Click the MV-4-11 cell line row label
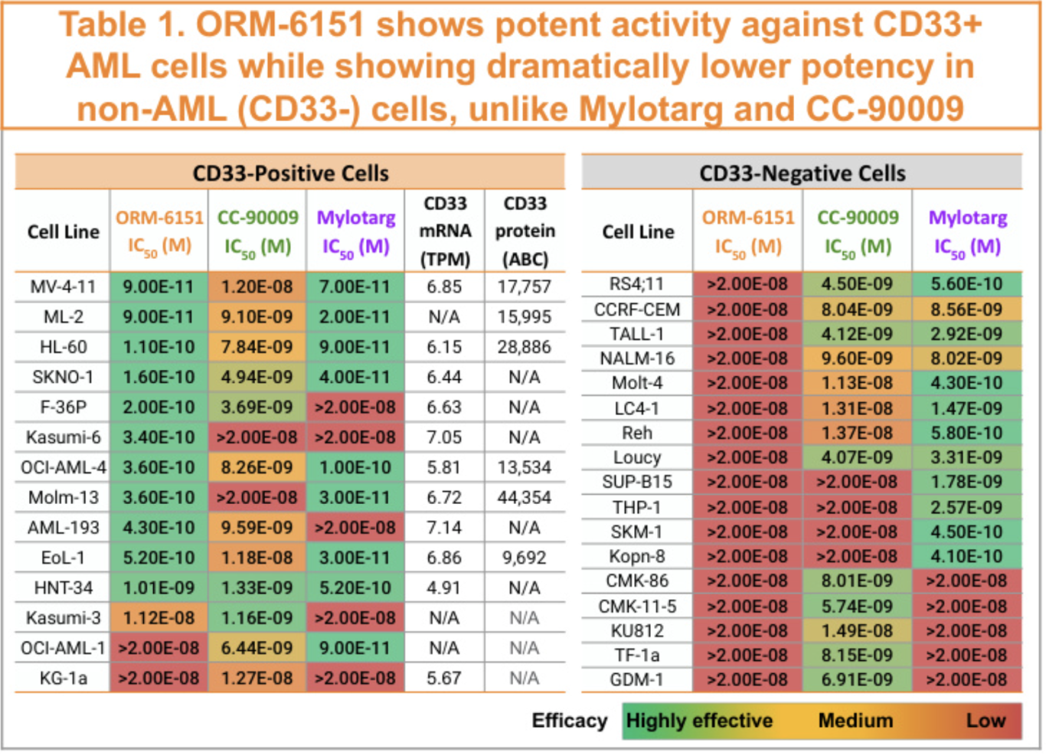(x=63, y=286)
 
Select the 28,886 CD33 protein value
(x=525, y=347)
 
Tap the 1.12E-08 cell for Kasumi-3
(x=159, y=618)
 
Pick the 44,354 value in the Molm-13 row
(x=525, y=497)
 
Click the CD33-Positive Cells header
(x=290, y=173)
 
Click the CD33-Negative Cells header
(x=802, y=173)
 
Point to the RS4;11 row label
(x=637, y=284)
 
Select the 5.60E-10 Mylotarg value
(x=966, y=284)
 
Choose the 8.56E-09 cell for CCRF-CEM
(x=966, y=309)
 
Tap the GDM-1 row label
(x=637, y=679)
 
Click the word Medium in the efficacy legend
(x=855, y=721)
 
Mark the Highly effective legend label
(x=699, y=721)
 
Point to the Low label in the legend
(x=986, y=721)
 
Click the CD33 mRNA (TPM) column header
(x=445, y=231)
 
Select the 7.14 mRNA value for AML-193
(x=444, y=528)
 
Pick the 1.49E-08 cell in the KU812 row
(x=857, y=631)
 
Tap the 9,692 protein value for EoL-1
(x=525, y=558)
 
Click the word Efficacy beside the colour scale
(x=570, y=721)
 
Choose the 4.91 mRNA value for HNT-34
(x=444, y=587)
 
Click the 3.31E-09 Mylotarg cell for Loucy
(x=966, y=457)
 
